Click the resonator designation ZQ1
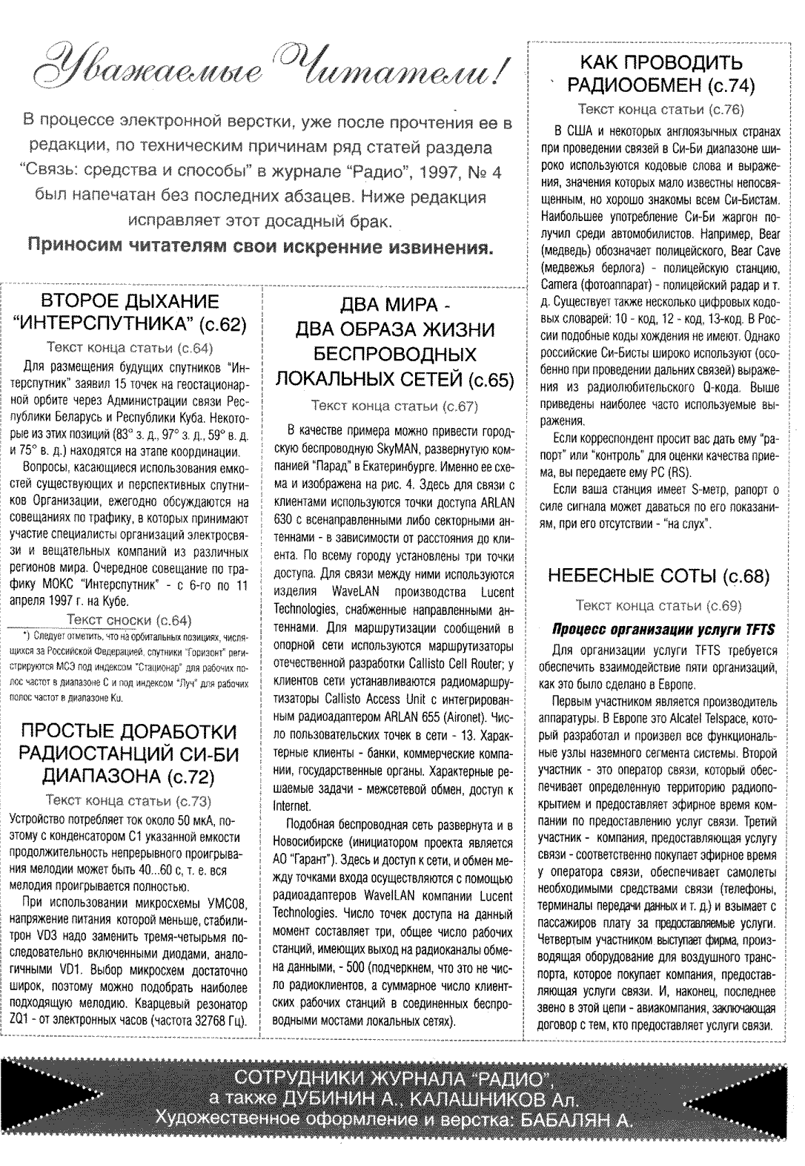click(x=21, y=1021)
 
